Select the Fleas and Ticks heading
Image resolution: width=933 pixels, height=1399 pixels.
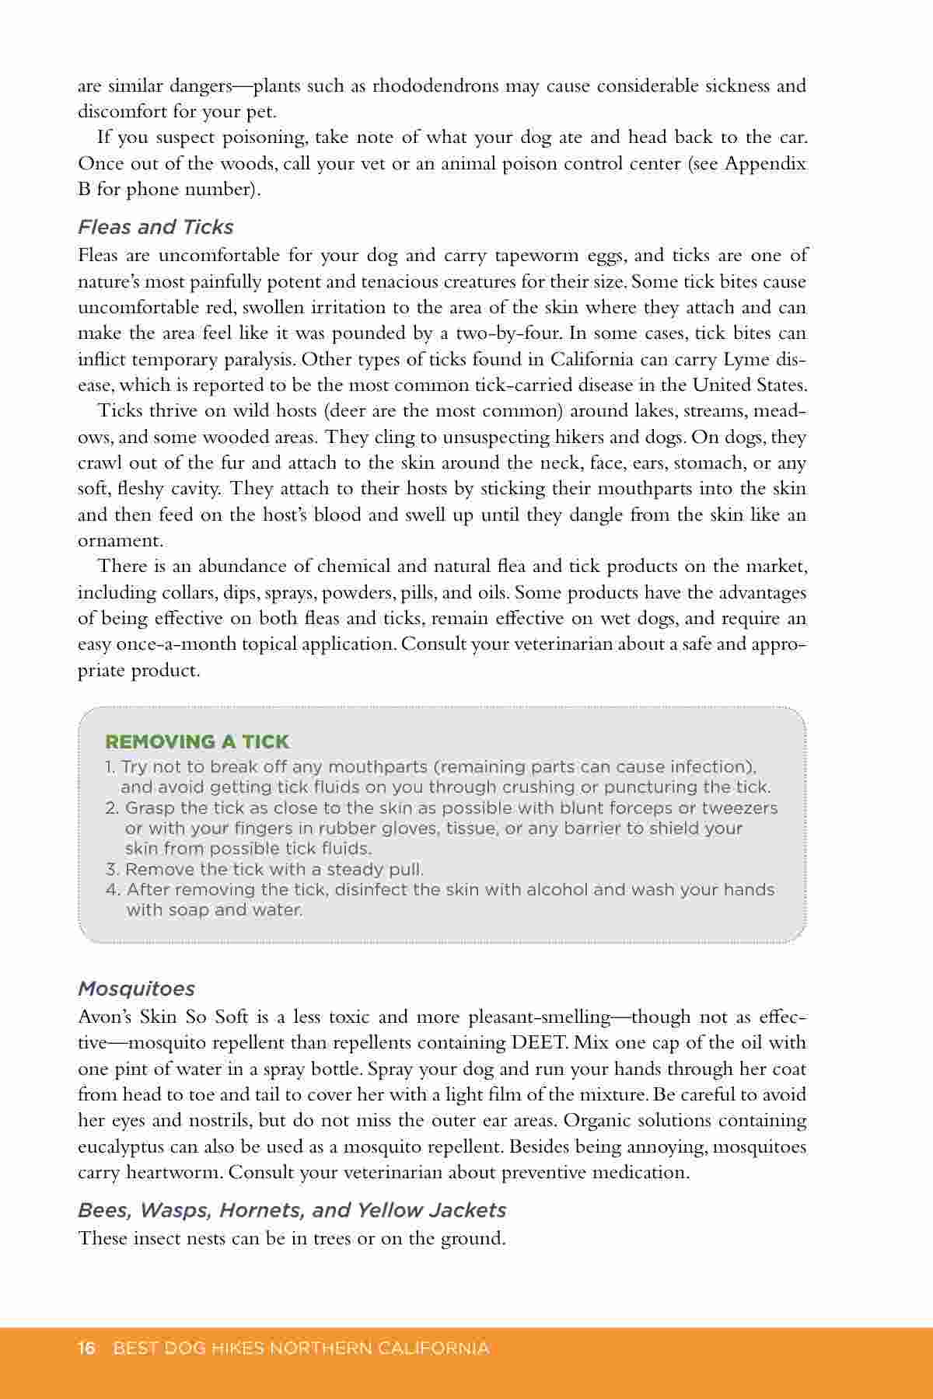[x=155, y=227]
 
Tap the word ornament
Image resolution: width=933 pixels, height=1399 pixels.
[x=119, y=541]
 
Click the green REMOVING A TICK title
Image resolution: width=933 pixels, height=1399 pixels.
[x=197, y=741]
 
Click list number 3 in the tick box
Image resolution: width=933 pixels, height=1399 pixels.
[x=112, y=869]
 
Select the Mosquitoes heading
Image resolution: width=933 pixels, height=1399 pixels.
[x=136, y=989]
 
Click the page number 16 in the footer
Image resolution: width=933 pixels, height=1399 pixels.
[x=86, y=1348]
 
